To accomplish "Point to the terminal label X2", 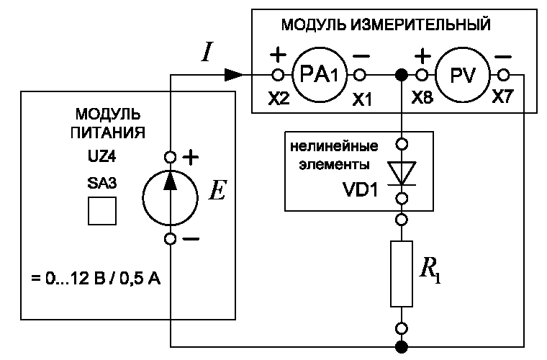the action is click(x=279, y=99).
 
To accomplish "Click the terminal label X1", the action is click(x=361, y=100).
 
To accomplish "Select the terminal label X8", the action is click(x=422, y=98).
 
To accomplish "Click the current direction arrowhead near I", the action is click(x=233, y=75).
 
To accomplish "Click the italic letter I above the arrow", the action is click(x=207, y=52).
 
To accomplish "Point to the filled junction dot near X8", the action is click(x=402, y=75).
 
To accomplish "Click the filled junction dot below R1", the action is click(x=402, y=347).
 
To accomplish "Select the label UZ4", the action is click(x=102, y=157).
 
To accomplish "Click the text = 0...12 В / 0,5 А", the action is click(x=96, y=279).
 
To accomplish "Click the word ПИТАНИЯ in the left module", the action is click(x=108, y=132).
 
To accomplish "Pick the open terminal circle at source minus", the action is click(x=170, y=239).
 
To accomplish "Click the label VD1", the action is click(x=361, y=191).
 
